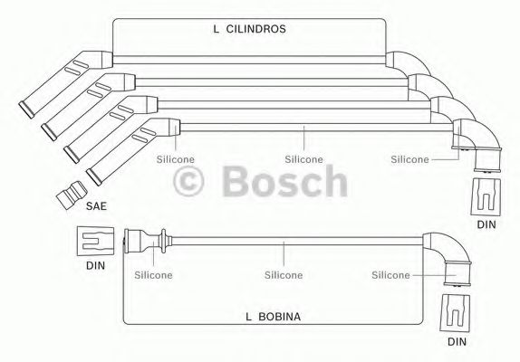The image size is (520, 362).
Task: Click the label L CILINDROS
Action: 249,29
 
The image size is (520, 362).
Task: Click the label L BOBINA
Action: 273,317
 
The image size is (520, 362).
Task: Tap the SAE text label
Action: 96,206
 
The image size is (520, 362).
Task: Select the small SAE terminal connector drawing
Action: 72,195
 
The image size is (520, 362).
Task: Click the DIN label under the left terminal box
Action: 95,265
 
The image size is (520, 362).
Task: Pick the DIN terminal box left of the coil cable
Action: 95,241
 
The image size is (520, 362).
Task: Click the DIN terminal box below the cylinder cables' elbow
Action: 486,197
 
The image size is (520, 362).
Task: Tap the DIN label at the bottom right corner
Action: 457,342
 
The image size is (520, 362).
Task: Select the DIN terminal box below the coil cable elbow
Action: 455,313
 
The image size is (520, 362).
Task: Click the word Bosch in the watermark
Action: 284,181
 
